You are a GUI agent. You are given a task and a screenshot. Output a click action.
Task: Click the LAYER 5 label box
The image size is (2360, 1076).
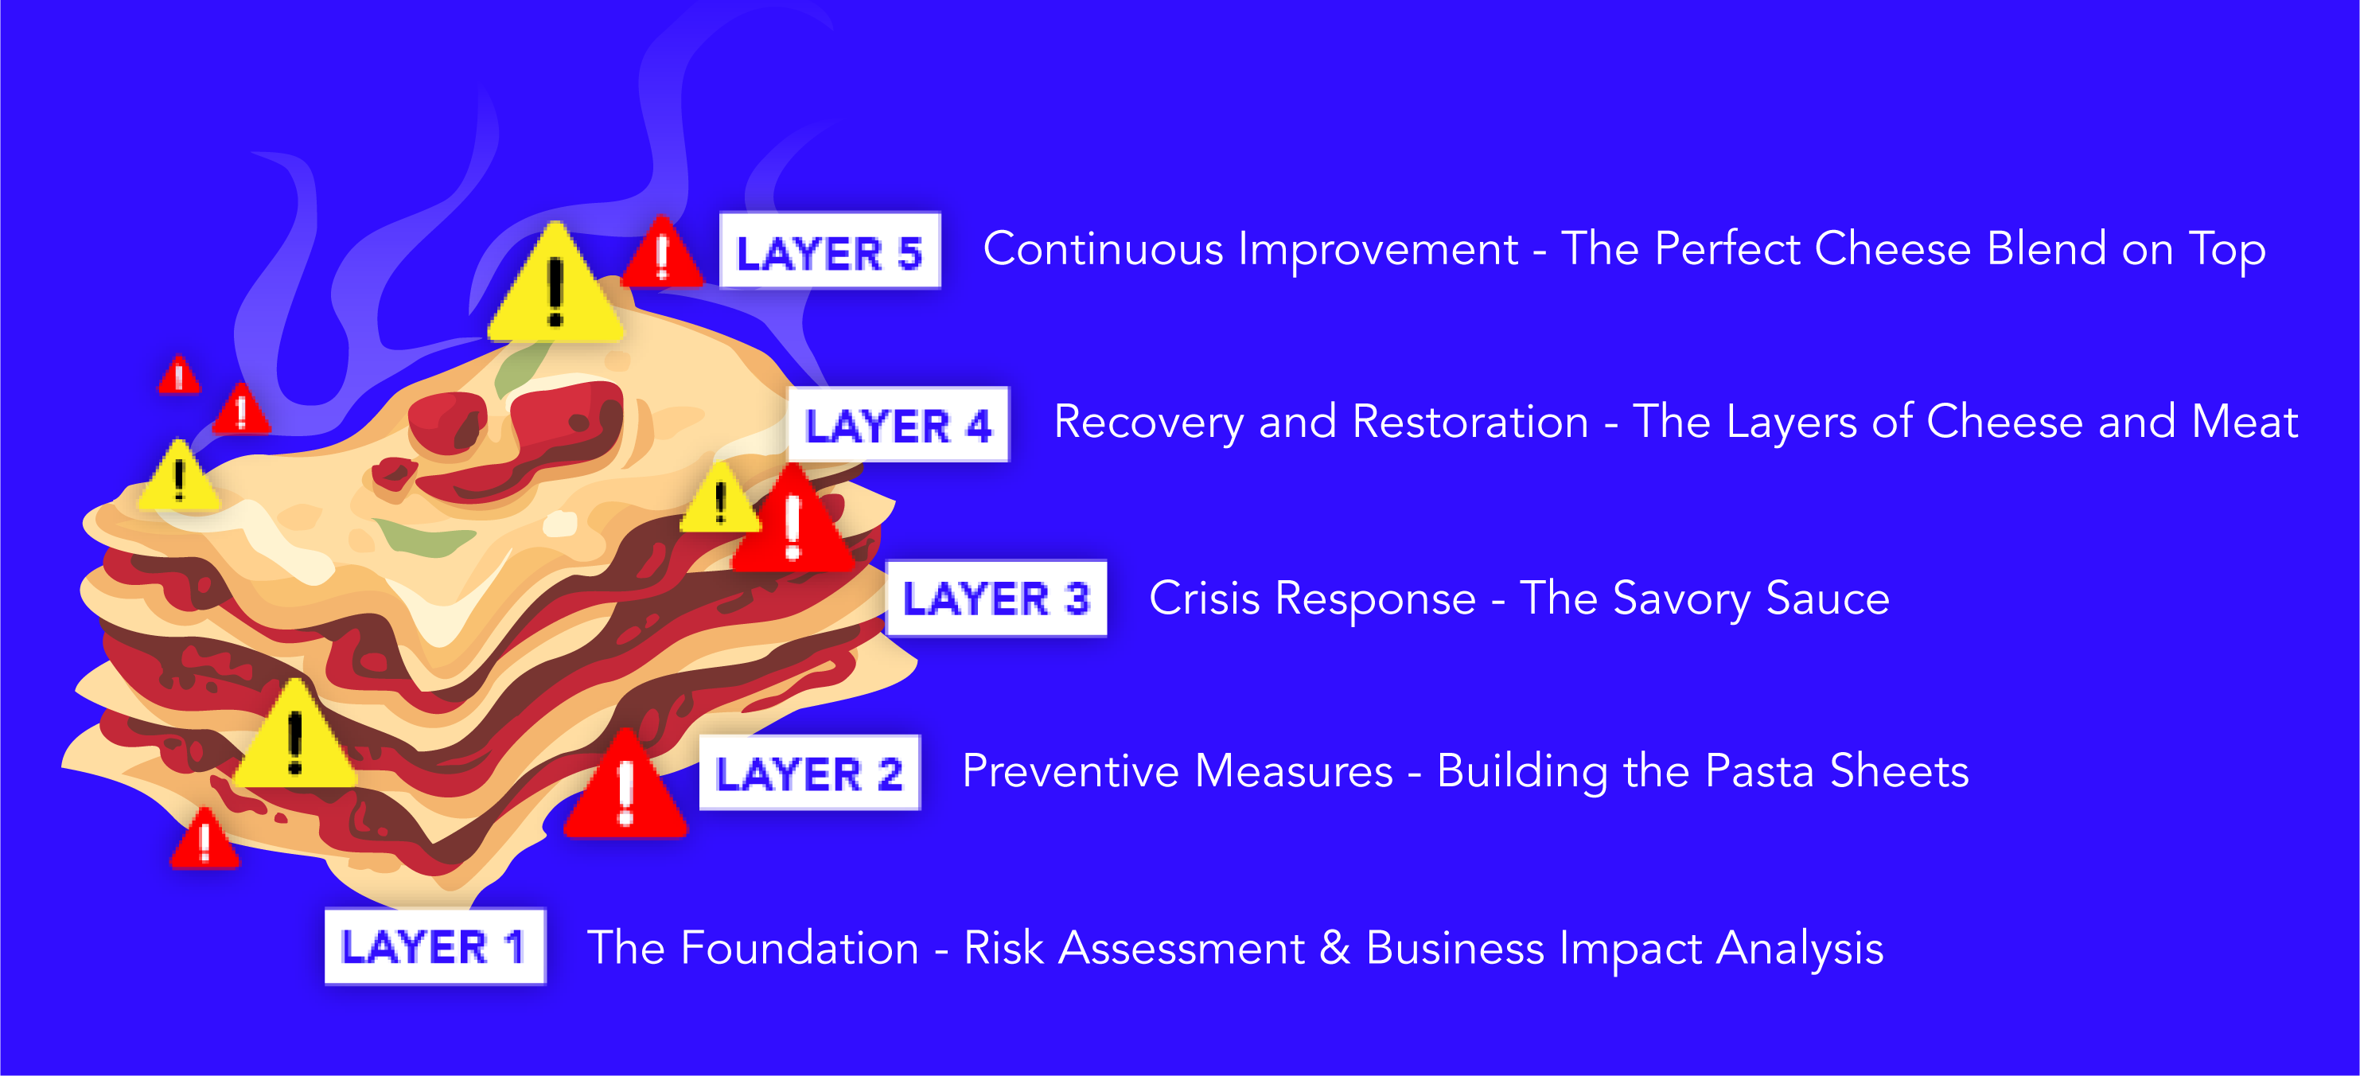(830, 250)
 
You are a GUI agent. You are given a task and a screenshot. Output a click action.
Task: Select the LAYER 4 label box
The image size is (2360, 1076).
(899, 423)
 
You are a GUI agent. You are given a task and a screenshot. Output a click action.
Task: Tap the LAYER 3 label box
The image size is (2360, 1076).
(997, 598)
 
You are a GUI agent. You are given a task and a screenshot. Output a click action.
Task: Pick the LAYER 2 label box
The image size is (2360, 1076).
(809, 772)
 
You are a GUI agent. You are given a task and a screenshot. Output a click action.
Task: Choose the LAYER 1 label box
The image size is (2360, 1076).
(435, 945)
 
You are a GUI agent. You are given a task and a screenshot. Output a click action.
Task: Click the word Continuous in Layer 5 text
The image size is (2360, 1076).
(1103, 248)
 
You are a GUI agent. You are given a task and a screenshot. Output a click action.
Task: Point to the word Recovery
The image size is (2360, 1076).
(1149, 423)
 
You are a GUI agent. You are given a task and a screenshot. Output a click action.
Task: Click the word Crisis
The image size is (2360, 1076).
(1205, 598)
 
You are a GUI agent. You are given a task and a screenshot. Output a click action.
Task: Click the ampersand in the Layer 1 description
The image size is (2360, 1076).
(1335, 947)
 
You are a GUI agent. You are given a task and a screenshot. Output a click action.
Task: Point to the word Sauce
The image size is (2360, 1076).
(1828, 598)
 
